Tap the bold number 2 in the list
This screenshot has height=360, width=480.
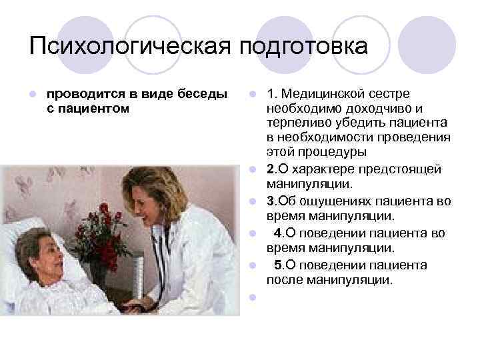click(270, 169)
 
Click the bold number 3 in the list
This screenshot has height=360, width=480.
click(270, 201)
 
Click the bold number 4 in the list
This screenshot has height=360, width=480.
click(278, 233)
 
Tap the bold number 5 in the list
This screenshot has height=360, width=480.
click(278, 265)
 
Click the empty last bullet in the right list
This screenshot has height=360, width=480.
click(253, 297)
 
